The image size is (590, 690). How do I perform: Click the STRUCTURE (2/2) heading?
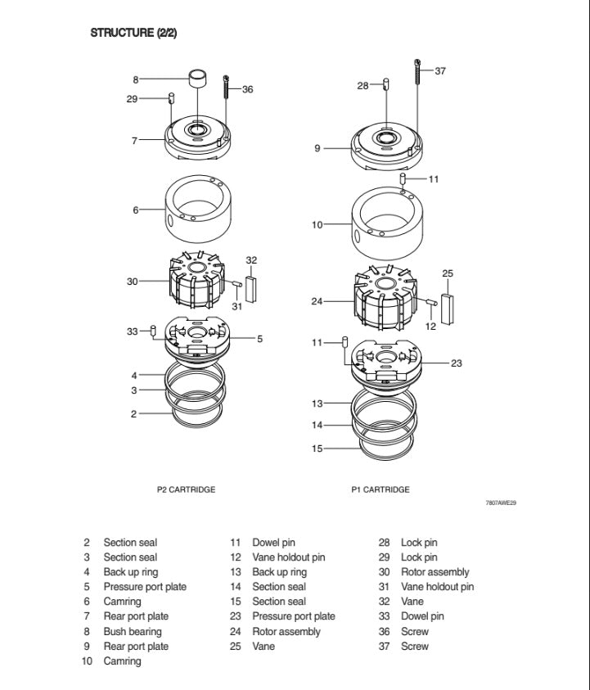[133, 33]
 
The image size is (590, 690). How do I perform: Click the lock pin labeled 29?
[172, 99]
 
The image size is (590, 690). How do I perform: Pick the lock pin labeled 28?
[385, 84]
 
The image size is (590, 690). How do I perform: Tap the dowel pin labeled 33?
[153, 331]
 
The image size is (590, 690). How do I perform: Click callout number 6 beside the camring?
[136, 210]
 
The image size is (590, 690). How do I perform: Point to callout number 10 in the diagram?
[317, 223]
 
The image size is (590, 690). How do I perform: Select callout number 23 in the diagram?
[457, 363]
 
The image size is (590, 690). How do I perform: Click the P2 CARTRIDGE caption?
[186, 489]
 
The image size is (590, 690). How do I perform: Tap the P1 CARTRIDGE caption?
[381, 489]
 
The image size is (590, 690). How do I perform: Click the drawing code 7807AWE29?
[501, 503]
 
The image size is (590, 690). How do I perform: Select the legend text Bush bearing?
[132, 631]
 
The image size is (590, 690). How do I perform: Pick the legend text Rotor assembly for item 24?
[286, 631]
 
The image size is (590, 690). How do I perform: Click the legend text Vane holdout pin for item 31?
[437, 587]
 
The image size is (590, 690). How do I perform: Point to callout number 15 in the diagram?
[317, 448]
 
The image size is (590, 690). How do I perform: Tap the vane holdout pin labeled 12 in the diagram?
[430, 302]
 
